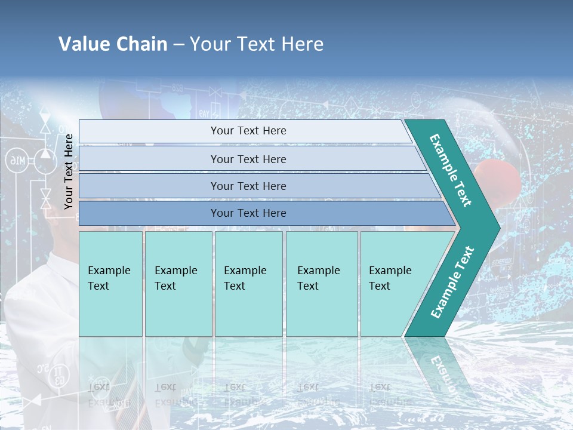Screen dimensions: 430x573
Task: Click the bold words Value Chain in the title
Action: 113,44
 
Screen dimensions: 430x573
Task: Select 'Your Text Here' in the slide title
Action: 257,44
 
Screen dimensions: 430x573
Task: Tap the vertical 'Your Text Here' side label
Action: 69,171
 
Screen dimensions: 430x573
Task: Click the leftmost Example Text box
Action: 110,284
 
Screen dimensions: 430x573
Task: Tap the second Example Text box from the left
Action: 178,284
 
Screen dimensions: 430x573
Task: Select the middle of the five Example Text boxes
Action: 248,284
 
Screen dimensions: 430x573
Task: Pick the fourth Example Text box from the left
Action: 322,284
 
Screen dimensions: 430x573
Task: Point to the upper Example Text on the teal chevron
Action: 451,170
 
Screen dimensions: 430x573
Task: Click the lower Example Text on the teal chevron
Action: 452,282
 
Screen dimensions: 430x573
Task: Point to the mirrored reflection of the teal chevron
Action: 439,364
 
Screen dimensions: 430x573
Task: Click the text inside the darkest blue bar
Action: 248,213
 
